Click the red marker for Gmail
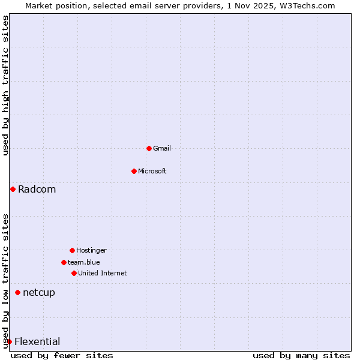[149, 148]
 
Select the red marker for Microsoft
[134, 171]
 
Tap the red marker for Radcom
[13, 190]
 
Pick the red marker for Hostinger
[72, 250]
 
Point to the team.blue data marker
[64, 262]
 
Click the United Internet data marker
[74, 273]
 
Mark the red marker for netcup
[17, 293]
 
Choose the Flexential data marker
[9, 342]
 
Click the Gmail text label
[162, 148]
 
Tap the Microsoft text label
[152, 171]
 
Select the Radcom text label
[37, 190]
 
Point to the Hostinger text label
[91, 250]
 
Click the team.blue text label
[84, 262]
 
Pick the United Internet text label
[103, 273]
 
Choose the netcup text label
[39, 293]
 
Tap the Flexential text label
[37, 342]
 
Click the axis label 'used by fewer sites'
[62, 355]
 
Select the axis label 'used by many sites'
[301, 355]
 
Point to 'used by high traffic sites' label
[6, 85]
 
